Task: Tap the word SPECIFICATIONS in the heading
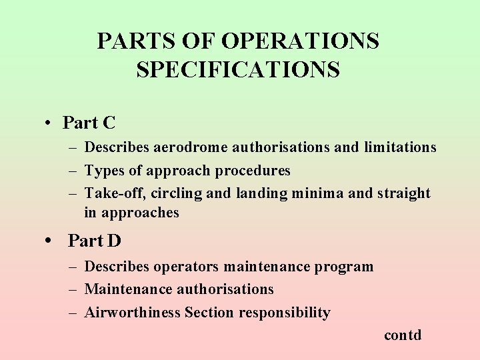(x=238, y=69)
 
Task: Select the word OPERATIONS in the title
(x=300, y=41)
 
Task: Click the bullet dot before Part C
(x=49, y=123)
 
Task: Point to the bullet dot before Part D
(x=51, y=241)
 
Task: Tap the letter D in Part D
(x=114, y=241)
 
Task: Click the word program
(x=341, y=267)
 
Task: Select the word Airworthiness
(x=133, y=313)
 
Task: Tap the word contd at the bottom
(x=403, y=335)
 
